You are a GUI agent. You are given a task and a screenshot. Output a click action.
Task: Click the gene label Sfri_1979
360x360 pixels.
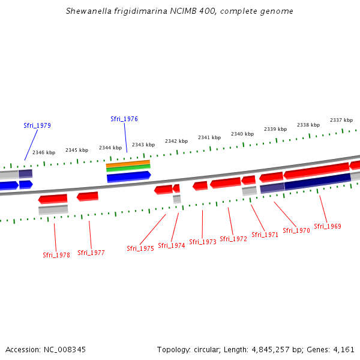(x=37, y=125)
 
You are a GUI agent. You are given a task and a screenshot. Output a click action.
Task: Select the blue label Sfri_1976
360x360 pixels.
(x=124, y=119)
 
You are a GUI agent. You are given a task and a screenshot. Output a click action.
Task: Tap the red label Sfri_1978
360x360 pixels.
(x=56, y=255)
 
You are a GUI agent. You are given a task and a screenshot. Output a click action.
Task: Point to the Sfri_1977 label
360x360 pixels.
(x=91, y=253)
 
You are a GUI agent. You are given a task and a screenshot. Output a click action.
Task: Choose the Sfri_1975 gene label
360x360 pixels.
(x=140, y=248)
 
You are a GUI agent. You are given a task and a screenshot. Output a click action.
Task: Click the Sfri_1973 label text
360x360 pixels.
(x=203, y=242)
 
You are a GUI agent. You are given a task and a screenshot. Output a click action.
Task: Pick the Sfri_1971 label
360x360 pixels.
(x=265, y=235)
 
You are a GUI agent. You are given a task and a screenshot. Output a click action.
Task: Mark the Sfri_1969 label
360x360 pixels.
(x=328, y=226)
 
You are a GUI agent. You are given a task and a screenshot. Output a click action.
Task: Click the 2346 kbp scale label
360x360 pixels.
(x=44, y=152)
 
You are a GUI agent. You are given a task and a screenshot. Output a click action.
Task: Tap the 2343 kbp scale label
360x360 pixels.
(x=143, y=145)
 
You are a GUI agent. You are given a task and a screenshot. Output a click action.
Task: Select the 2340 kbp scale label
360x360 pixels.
(x=242, y=134)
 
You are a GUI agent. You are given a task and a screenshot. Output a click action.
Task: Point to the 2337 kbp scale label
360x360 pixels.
(x=341, y=120)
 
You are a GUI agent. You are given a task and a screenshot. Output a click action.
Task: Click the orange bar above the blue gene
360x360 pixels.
(x=128, y=163)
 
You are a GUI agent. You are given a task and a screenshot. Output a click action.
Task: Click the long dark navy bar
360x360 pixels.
(x=317, y=181)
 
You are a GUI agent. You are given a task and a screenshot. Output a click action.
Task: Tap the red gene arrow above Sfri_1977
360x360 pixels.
(x=88, y=196)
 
